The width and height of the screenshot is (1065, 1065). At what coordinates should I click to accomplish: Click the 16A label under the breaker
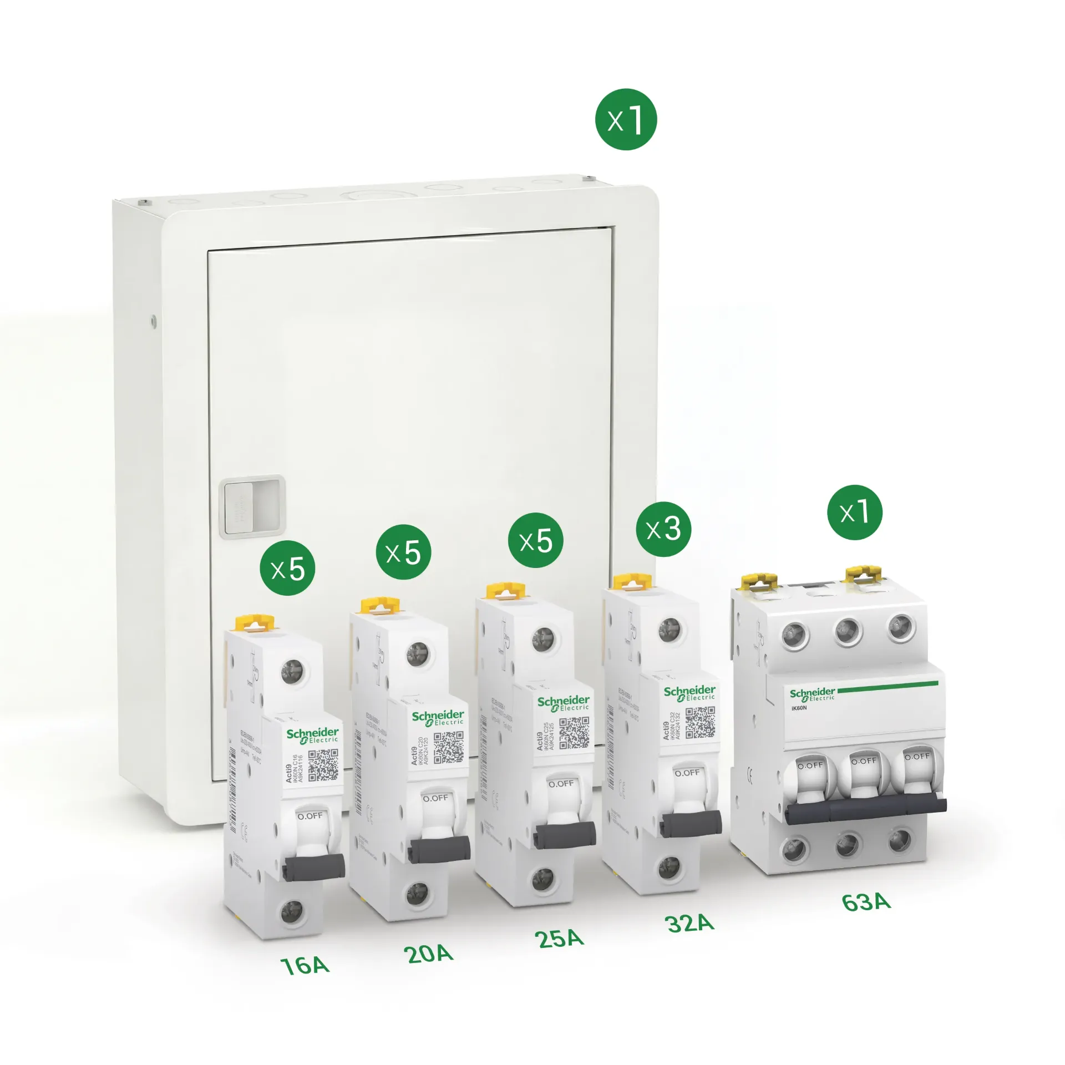(305, 966)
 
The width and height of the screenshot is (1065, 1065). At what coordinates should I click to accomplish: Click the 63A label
(866, 902)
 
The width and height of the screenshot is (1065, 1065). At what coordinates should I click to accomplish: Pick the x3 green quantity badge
(663, 529)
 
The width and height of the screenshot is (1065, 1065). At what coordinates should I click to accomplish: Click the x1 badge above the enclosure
(626, 119)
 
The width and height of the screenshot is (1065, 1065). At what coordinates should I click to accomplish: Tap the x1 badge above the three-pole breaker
(854, 512)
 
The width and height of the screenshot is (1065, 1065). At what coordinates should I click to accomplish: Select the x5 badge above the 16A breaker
(287, 568)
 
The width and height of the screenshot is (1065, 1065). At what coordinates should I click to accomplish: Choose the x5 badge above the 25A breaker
(535, 540)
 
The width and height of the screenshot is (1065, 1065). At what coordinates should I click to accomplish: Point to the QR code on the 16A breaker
(323, 765)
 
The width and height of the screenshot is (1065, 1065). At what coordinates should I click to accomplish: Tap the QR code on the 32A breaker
(700, 722)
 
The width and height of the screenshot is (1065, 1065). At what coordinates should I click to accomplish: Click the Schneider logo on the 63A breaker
(812, 693)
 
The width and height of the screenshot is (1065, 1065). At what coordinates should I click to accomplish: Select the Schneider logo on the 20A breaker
(438, 718)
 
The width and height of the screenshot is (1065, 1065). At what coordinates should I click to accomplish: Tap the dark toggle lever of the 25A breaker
(565, 835)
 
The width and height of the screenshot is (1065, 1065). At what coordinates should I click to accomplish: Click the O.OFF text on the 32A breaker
(687, 773)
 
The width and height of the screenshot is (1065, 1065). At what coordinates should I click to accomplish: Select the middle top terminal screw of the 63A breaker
(849, 631)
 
